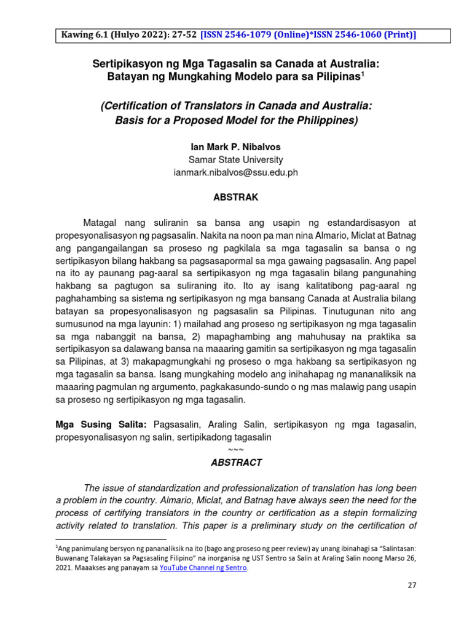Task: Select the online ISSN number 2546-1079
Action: tap(256, 36)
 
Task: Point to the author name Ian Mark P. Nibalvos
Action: tap(236, 148)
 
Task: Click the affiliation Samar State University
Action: tap(236, 160)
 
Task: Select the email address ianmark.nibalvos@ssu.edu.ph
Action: tap(236, 172)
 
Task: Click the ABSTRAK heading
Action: tap(236, 197)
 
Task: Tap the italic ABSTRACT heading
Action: tap(236, 463)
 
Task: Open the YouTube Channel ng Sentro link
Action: tap(203, 568)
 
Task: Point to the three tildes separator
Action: tap(236, 450)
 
